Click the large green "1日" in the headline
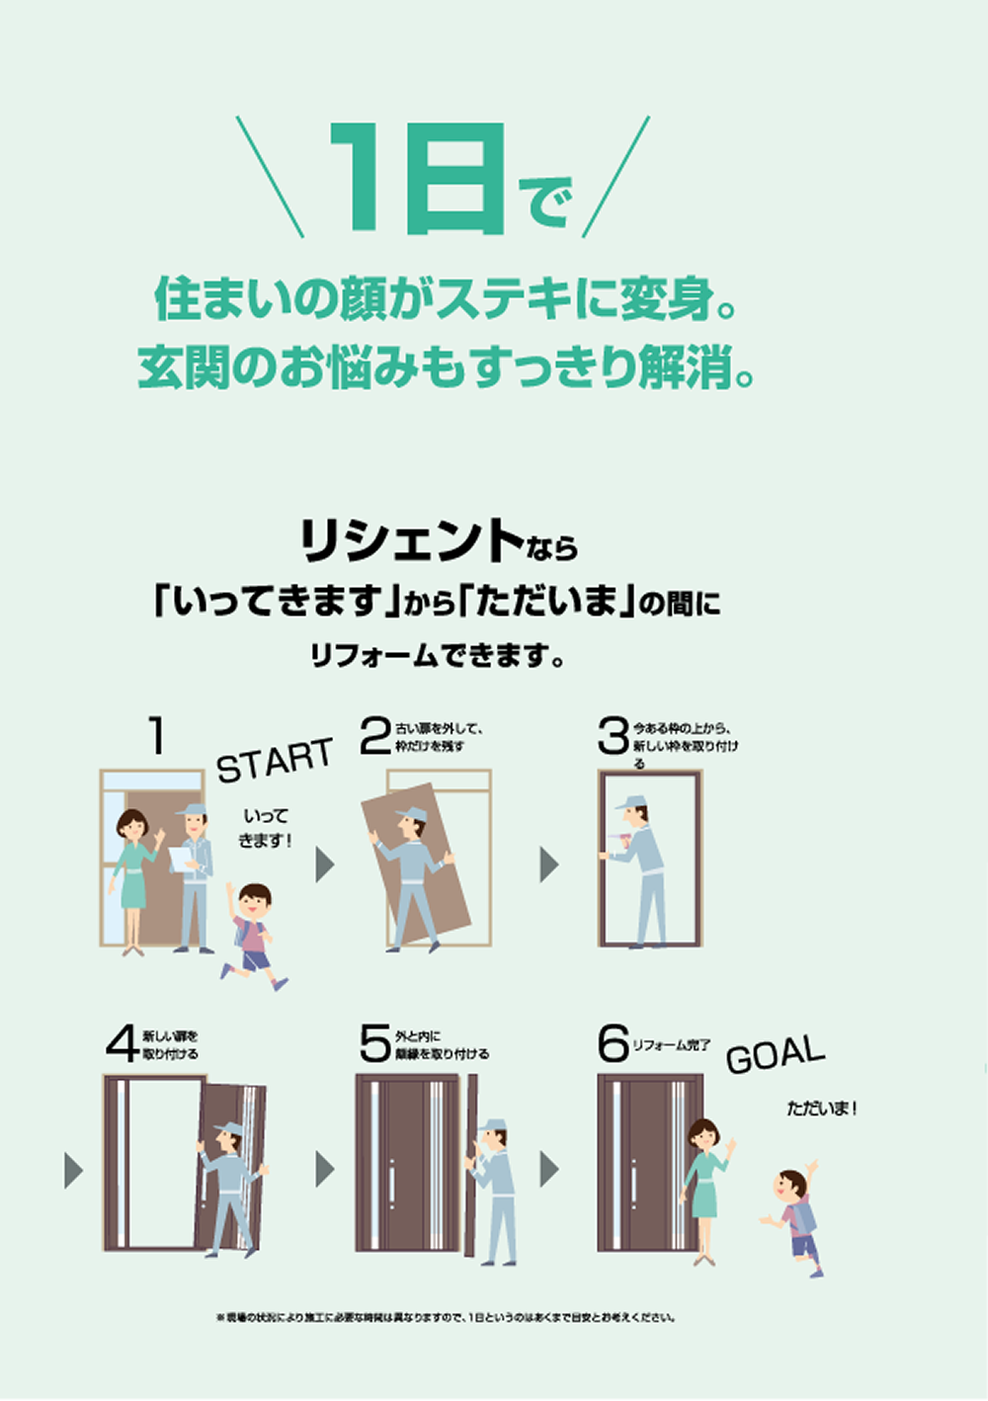coord(418,180)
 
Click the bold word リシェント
coord(411,540)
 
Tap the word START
coord(274,760)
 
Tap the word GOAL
coord(775,1054)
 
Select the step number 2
coord(375,736)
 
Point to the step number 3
coord(613,736)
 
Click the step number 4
coord(122,1044)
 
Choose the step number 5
coord(375,1043)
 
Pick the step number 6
coord(613,1043)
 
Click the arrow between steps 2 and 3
coord(549,865)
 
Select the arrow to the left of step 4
coord(73,1170)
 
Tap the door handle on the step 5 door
coord(392,1184)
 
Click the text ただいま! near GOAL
coord(821,1109)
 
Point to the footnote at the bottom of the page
coord(446,1317)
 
